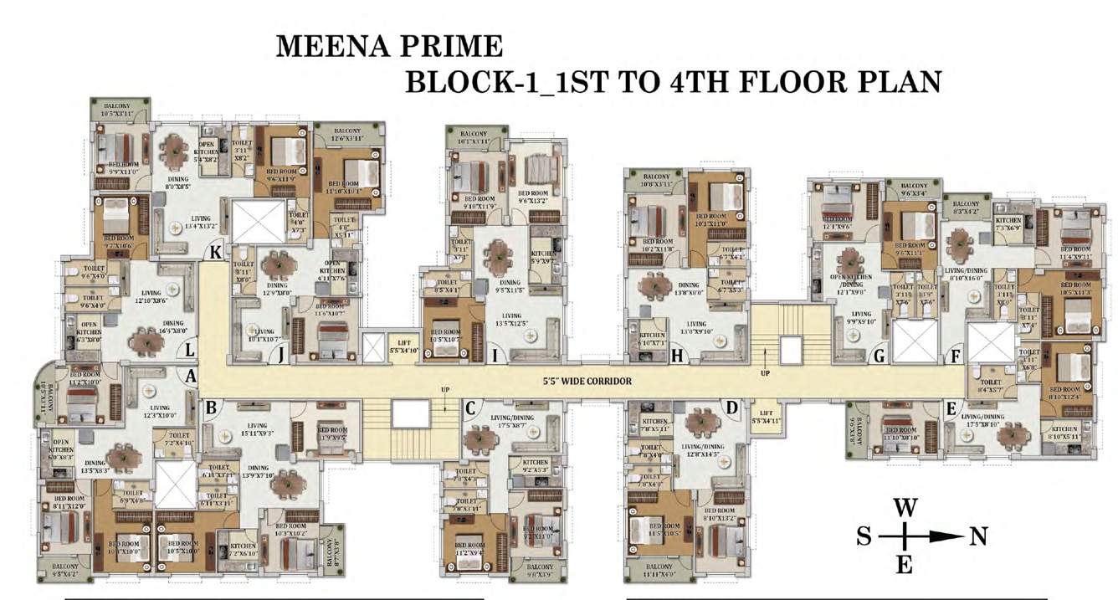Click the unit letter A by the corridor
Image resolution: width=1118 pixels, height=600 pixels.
pyautogui.click(x=190, y=377)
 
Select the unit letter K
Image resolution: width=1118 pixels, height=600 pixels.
pyautogui.click(x=217, y=252)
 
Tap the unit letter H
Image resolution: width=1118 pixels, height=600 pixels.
pyautogui.click(x=677, y=356)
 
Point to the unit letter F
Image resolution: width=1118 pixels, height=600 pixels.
pyautogui.click(x=955, y=356)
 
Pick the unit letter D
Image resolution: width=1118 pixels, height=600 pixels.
pyautogui.click(x=732, y=408)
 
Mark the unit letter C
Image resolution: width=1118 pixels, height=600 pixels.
pyautogui.click(x=470, y=408)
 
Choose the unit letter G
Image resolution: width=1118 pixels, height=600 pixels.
pyautogui.click(x=879, y=356)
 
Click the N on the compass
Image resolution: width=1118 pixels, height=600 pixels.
pyautogui.click(x=977, y=536)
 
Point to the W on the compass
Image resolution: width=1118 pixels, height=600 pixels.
pyautogui.click(x=903, y=507)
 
